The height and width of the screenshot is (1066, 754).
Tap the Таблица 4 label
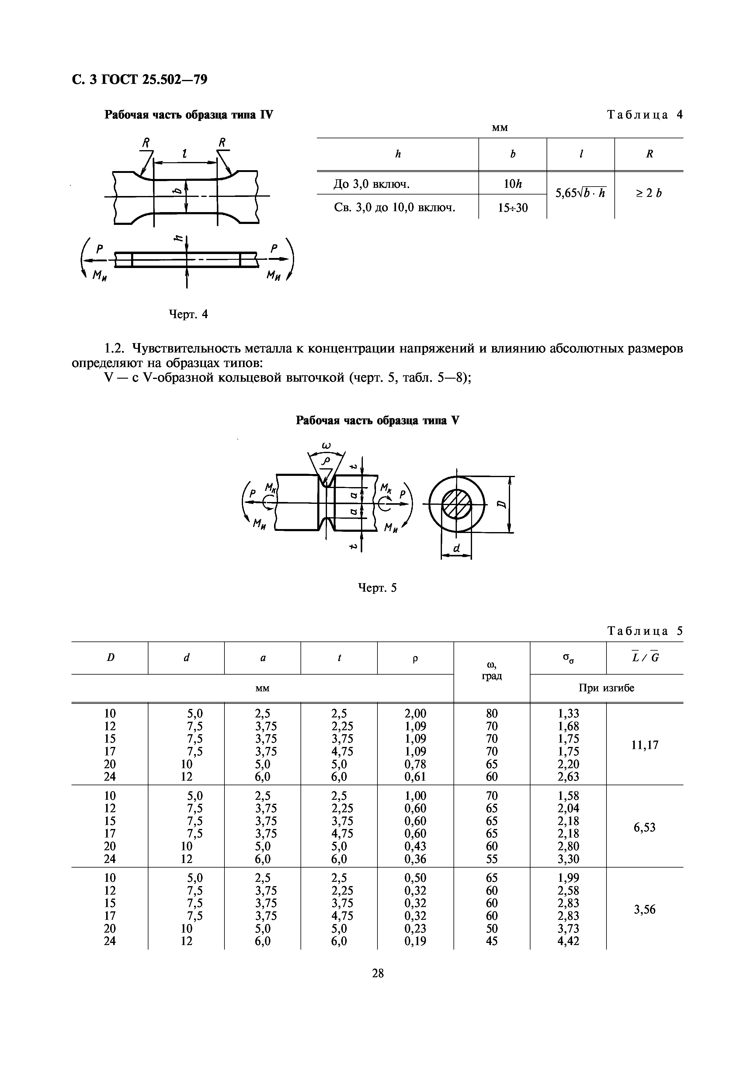click(x=645, y=115)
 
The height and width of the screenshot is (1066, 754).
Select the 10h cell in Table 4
click(x=513, y=184)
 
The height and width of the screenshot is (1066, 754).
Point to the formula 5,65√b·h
click(x=580, y=193)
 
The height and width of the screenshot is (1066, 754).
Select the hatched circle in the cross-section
click(x=456, y=504)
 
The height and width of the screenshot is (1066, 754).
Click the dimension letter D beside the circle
click(x=501, y=505)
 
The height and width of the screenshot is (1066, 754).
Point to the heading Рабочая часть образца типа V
click(x=377, y=421)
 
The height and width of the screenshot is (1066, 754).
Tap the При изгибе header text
click(x=606, y=688)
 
